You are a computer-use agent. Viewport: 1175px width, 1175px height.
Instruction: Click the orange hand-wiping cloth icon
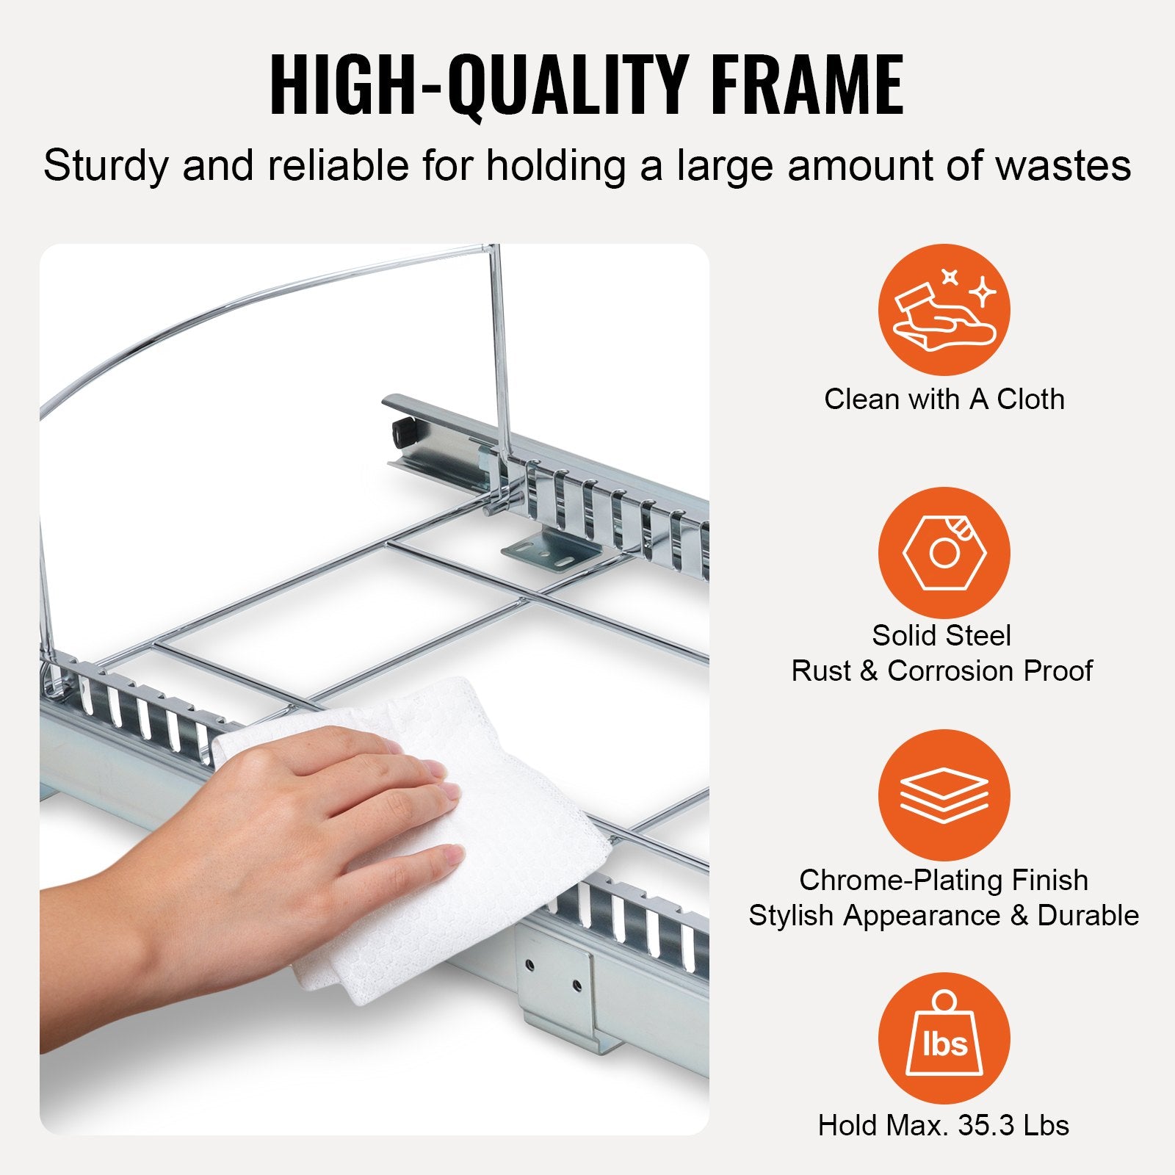point(944,310)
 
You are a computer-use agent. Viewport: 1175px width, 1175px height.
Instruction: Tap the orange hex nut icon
point(944,552)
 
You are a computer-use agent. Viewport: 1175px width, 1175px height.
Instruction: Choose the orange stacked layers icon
point(944,795)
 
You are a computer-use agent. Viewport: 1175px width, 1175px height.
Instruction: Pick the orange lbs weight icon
point(944,1038)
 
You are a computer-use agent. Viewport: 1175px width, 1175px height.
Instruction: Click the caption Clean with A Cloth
point(944,399)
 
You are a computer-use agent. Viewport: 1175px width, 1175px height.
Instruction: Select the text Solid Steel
point(941,635)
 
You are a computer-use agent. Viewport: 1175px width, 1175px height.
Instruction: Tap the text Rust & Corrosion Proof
point(941,670)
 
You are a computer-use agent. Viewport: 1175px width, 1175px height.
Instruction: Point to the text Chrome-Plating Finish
point(944,880)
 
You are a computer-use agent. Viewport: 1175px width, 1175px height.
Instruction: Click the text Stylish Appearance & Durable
point(944,916)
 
